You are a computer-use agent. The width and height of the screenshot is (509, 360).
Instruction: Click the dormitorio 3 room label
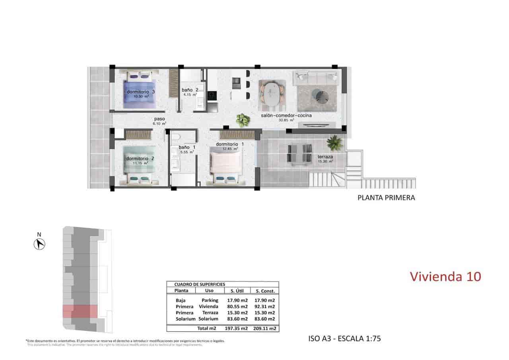tap(140, 92)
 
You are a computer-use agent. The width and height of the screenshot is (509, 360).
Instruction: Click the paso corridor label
tap(160, 119)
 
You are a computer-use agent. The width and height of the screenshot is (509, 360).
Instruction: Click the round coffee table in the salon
tap(320, 95)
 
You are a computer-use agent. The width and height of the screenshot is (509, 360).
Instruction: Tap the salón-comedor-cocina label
tap(286, 115)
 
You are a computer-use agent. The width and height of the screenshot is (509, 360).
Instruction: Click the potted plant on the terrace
tap(335, 142)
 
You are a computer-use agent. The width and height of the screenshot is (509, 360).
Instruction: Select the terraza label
tap(325, 157)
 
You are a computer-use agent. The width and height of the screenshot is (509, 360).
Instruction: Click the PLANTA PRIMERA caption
tap(386, 197)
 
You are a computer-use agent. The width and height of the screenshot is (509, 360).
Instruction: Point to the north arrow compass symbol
tap(39, 243)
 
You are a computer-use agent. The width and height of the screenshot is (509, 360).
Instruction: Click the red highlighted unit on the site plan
tap(80, 311)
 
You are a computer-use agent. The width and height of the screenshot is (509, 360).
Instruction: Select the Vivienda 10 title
tap(445, 276)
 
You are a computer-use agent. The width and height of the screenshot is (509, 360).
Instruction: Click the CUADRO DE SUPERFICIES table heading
tap(200, 284)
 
